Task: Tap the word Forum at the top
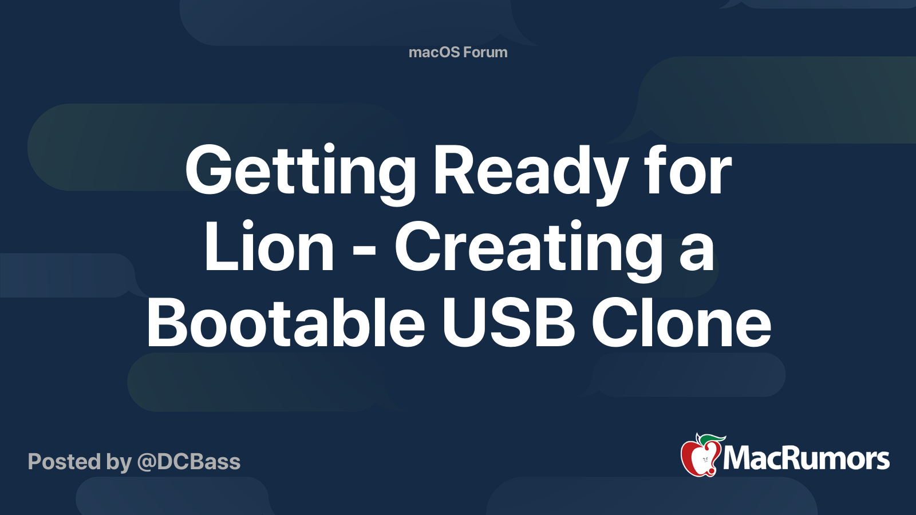coord(486,52)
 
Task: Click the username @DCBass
coord(188,462)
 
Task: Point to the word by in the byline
coord(119,463)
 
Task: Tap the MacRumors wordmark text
coord(806,458)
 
